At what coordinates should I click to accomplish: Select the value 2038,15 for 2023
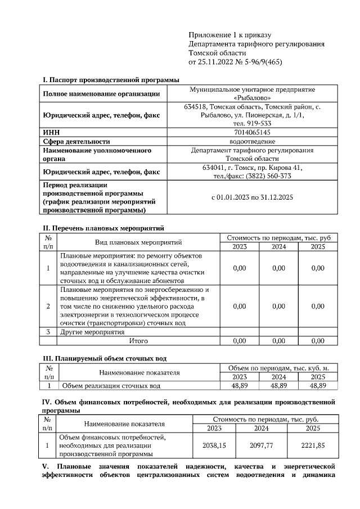pos(214,445)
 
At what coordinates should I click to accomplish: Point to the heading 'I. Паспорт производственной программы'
pos(107,79)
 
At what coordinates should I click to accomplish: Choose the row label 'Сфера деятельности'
pos(76,141)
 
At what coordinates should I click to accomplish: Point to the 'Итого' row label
pos(138,341)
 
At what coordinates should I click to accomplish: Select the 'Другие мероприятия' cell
pos(92,332)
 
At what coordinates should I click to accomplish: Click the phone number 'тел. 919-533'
pos(252,123)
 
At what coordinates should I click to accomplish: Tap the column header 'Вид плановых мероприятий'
pos(138,242)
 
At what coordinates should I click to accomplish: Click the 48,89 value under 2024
pos(278,386)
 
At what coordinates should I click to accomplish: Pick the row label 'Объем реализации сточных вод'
pos(111,386)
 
